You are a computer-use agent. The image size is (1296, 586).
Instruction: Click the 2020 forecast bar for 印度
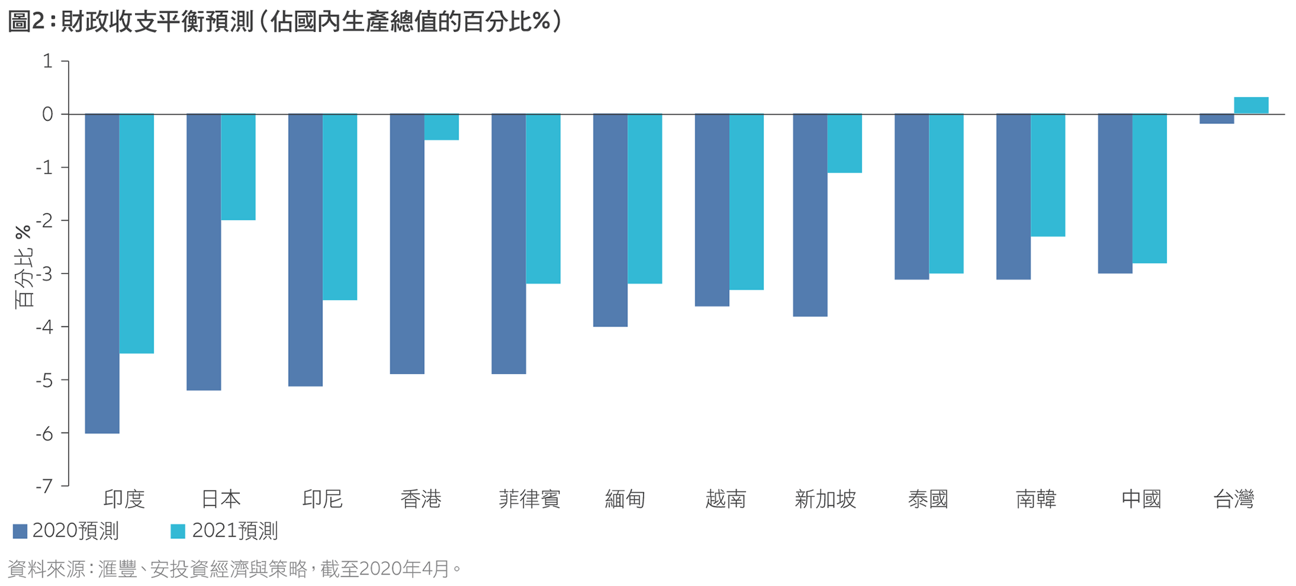click(x=102, y=273)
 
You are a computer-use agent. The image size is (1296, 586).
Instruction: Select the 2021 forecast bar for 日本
click(x=238, y=167)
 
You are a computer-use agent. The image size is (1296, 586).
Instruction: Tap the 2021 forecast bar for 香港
click(x=442, y=127)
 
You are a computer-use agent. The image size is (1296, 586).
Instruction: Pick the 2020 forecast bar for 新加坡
click(x=810, y=215)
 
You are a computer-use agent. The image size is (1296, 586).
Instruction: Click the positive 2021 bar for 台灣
click(x=1251, y=105)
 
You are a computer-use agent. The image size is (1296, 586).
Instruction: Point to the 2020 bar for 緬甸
click(x=610, y=220)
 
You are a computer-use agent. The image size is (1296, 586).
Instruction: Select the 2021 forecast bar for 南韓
click(x=1048, y=175)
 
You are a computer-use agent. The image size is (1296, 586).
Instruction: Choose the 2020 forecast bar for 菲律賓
click(x=509, y=244)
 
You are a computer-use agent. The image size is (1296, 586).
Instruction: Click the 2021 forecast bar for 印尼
click(x=340, y=207)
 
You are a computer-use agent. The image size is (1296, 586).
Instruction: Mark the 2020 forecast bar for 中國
click(x=1115, y=193)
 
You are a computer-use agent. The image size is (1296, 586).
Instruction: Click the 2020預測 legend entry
click(x=66, y=531)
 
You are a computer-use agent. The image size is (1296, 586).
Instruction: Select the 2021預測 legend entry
click(x=225, y=531)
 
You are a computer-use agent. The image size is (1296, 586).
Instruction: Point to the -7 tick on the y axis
click(x=45, y=485)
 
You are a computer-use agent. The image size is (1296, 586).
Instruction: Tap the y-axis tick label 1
click(x=48, y=61)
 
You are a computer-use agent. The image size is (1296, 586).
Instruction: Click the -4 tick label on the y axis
click(x=45, y=327)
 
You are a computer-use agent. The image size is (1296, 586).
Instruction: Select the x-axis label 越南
click(x=725, y=499)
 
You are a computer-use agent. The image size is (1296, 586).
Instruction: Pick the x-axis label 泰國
click(x=928, y=499)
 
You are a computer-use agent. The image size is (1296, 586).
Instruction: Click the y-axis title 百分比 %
click(x=23, y=266)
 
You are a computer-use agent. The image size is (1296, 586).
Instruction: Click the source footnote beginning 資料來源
click(x=235, y=569)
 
